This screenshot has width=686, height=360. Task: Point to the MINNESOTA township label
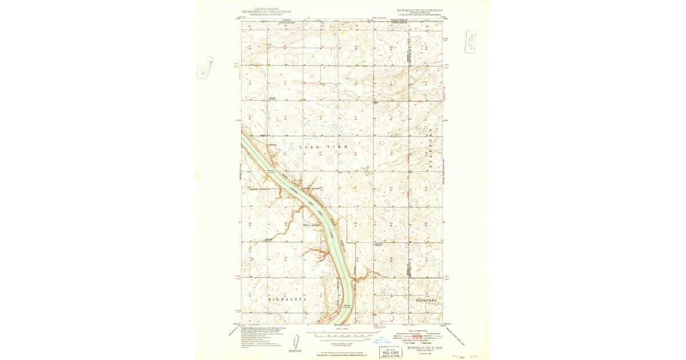point(288,299)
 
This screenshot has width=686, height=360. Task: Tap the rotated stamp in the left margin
point(204,67)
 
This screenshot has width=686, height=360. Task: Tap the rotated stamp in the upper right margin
point(472,42)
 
